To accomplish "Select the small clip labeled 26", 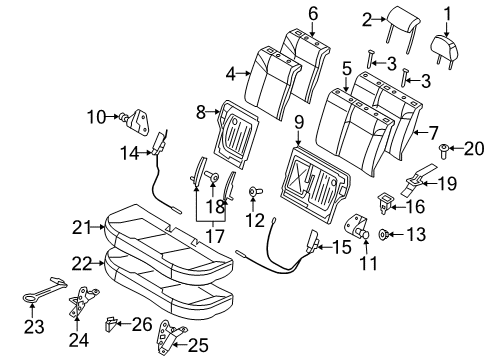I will tap(112, 322).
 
